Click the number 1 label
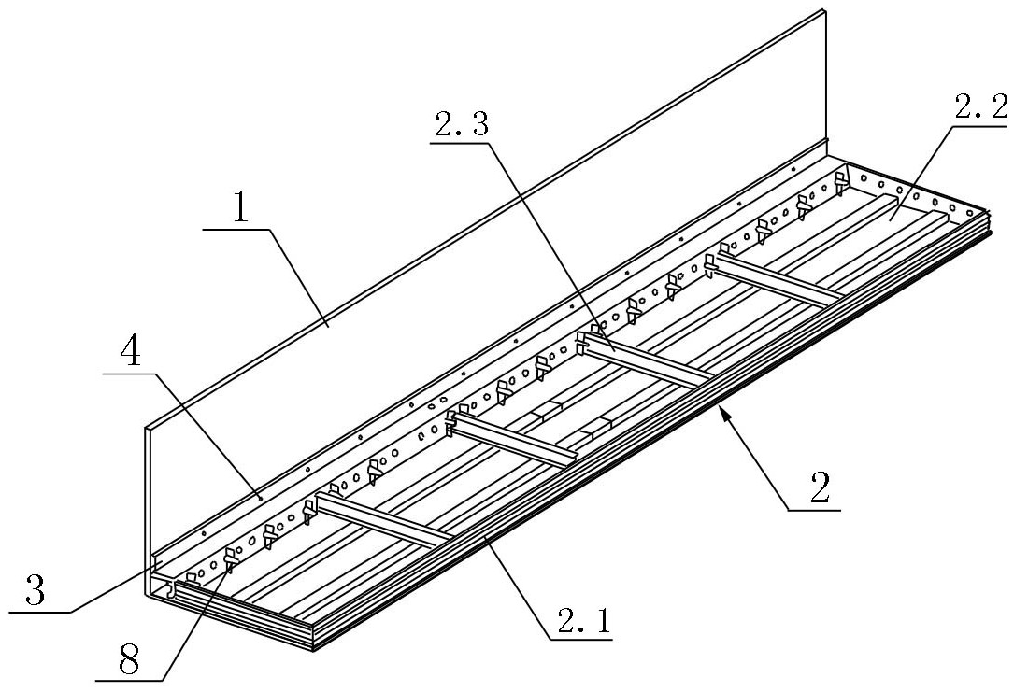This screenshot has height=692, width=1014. click(x=240, y=207)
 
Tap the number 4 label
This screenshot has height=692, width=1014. click(x=133, y=353)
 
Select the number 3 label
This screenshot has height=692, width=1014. click(x=35, y=590)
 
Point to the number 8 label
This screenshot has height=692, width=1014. click(x=129, y=661)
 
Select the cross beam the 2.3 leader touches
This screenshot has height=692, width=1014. click(x=647, y=360)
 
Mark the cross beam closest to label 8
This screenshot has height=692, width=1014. click(x=381, y=518)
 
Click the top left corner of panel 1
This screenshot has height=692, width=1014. click(x=146, y=427)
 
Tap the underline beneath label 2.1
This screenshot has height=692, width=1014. click(x=580, y=641)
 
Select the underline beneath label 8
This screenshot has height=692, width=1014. click(x=129, y=681)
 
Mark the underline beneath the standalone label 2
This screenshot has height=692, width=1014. click(x=813, y=511)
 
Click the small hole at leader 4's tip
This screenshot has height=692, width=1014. click(x=259, y=498)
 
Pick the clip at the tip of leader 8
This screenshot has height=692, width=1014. click(x=231, y=559)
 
